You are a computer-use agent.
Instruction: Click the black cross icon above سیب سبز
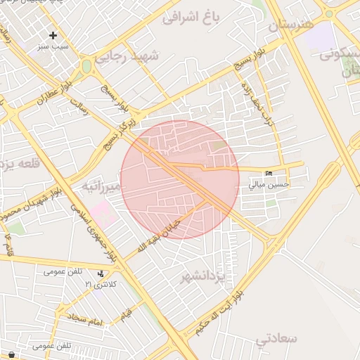coord(53,35)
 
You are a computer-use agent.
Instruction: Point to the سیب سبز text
coord(53,46)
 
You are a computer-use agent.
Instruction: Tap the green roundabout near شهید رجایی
coord(86,65)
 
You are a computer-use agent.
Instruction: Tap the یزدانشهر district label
coord(203,274)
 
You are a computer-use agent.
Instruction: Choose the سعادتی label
coord(276,340)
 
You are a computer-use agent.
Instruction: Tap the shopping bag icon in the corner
coord(11,354)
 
